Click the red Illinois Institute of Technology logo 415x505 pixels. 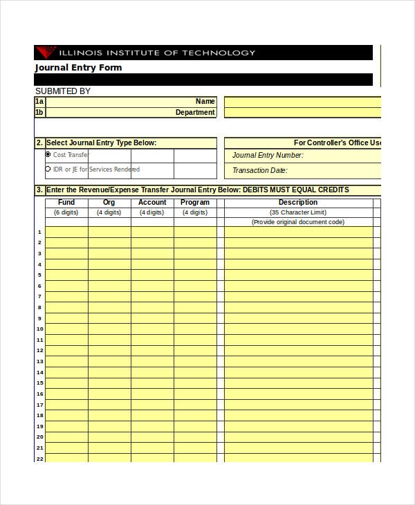click(47, 52)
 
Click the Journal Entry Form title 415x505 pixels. click(78, 68)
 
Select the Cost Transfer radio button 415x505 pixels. click(48, 154)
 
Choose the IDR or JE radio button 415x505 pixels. click(48, 169)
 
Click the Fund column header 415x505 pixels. click(66, 203)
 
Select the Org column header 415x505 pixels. click(109, 203)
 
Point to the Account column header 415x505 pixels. click(152, 203)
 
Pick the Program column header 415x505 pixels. click(195, 203)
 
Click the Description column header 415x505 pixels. click(298, 203)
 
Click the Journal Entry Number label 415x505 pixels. click(268, 156)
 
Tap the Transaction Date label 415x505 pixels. click(259, 170)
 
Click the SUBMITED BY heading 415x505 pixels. click(63, 91)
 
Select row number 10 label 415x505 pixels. click(39, 329)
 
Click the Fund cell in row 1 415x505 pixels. click(66, 232)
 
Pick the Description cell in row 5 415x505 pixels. click(298, 275)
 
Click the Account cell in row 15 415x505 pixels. click(152, 383)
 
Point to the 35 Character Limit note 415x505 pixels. click(298, 212)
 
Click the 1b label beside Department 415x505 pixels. click(39, 112)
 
